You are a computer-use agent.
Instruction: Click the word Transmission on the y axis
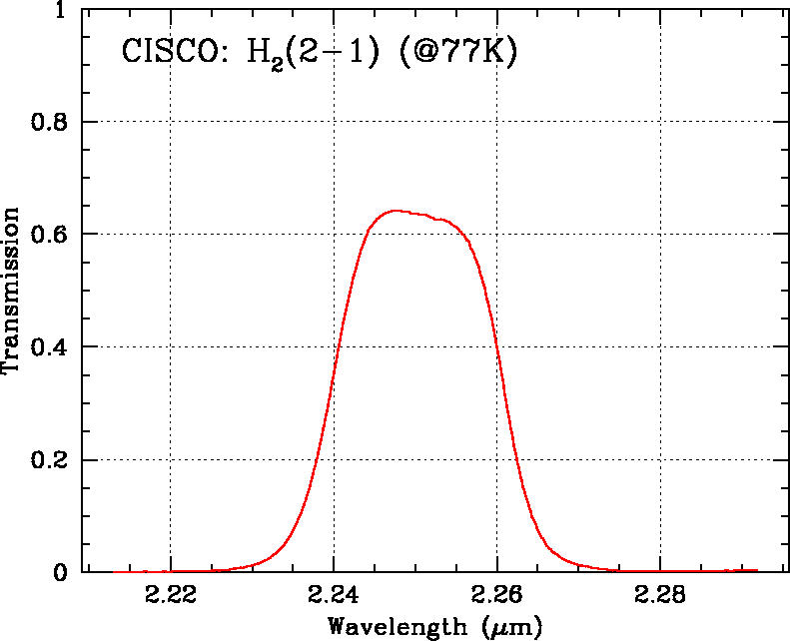tap(12, 291)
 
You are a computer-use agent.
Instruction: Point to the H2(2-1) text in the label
tap(316, 54)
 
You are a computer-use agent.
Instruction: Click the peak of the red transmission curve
tap(396, 211)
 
